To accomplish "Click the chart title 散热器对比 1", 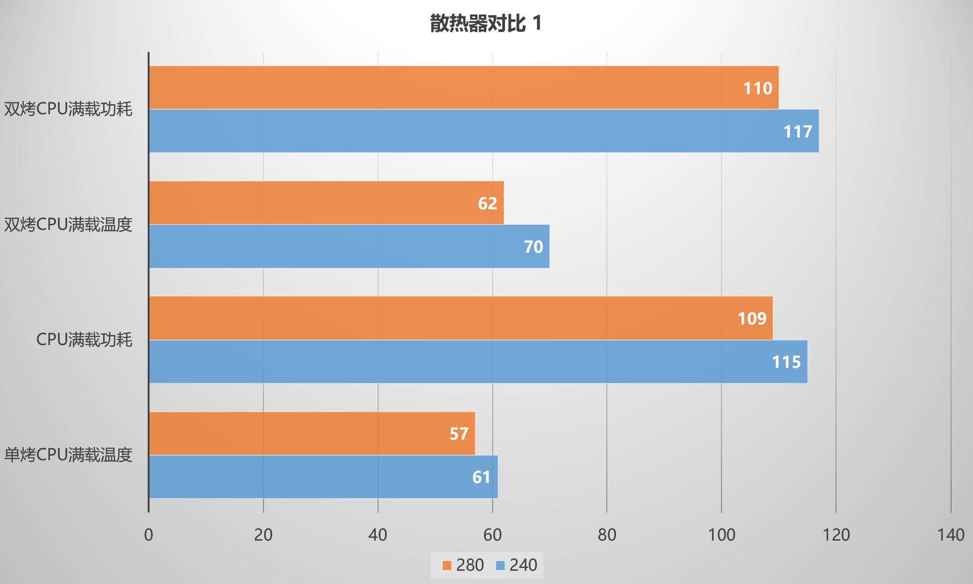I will click(x=486, y=24).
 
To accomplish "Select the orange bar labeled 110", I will click(x=463, y=88).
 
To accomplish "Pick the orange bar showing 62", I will click(x=326, y=203).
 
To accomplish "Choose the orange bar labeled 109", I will click(x=461, y=318).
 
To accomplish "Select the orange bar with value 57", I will click(x=312, y=433).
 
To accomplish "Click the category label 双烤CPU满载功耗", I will click(x=68, y=110).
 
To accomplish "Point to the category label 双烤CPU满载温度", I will click(x=68, y=225).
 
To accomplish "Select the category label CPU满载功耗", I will click(x=84, y=340).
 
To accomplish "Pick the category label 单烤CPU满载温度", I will click(x=68, y=455).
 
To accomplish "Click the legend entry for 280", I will click(x=463, y=565).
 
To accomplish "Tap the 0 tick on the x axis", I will click(x=148, y=535).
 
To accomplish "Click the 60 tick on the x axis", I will click(x=492, y=535).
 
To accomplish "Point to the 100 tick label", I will click(x=721, y=535).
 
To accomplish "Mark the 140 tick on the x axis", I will click(x=951, y=535).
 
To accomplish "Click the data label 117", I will click(x=798, y=132).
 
